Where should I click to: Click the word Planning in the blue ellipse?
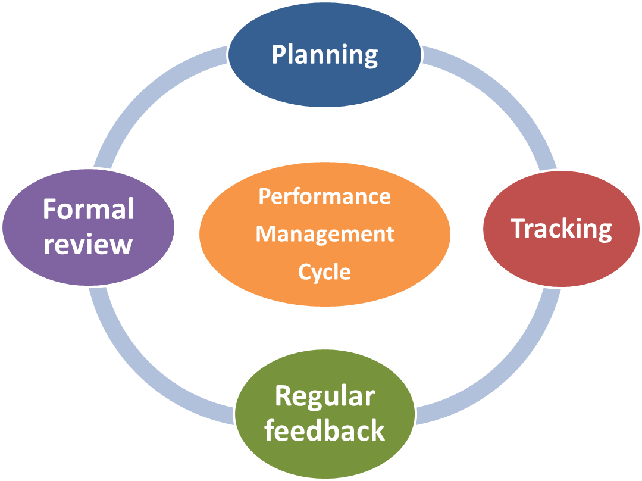(x=325, y=55)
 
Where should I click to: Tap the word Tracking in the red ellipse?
(x=561, y=229)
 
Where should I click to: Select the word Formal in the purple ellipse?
(x=89, y=210)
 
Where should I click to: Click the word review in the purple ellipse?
(x=88, y=244)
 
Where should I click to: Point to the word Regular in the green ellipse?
(x=325, y=396)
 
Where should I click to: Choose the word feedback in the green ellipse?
(x=325, y=430)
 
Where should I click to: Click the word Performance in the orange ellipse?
(x=325, y=196)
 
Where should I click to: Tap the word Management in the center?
(x=325, y=233)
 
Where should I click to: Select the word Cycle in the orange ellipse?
(x=325, y=272)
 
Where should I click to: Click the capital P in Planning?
(x=278, y=55)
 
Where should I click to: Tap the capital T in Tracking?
(x=518, y=229)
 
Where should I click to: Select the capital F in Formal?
(x=49, y=210)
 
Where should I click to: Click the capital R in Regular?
(x=283, y=396)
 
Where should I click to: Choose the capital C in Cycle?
(x=305, y=272)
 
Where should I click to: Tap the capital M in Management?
(x=265, y=233)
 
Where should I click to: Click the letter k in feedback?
(x=377, y=430)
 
